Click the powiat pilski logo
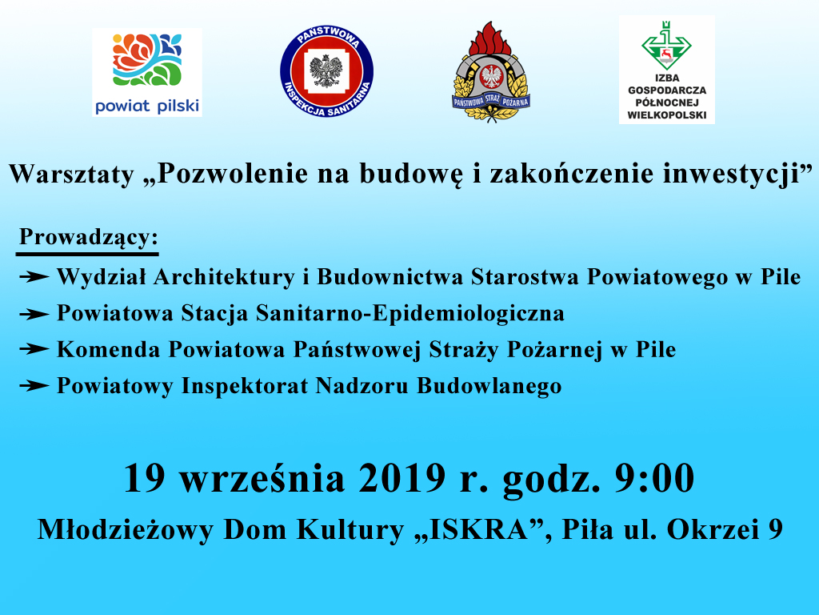(x=147, y=73)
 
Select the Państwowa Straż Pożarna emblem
(x=490, y=71)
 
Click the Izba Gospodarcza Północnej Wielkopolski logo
(x=666, y=70)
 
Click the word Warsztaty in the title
(x=71, y=174)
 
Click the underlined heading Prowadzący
(x=88, y=238)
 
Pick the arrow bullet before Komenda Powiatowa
(x=34, y=349)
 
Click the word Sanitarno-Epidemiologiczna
(x=410, y=314)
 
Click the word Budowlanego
(x=489, y=387)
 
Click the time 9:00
(x=654, y=478)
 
